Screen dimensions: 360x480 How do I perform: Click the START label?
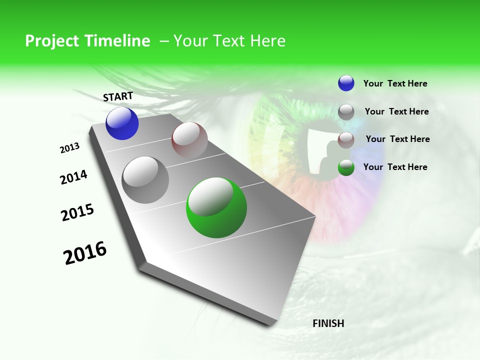point(118,96)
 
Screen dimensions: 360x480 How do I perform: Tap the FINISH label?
point(328,323)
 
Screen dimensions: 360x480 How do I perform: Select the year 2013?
point(70,147)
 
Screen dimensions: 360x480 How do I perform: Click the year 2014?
point(73,177)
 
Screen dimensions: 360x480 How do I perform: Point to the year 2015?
point(77,212)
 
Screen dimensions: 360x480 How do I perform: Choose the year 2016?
point(85,252)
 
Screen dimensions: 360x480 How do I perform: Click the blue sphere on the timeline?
point(122,123)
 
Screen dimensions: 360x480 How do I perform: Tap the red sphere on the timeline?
point(189,139)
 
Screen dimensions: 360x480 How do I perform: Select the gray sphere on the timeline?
point(145,179)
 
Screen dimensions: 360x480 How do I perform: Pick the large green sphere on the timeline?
point(216,207)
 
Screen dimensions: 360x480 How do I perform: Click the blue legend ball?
point(346,83)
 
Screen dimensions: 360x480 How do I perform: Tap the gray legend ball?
point(346,112)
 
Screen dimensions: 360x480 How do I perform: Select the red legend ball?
point(346,139)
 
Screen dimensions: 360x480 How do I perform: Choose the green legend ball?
point(346,167)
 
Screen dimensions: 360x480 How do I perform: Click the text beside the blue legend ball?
point(395,83)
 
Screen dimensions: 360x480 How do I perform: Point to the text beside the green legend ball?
point(395,167)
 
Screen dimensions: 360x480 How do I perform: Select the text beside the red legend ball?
point(397,139)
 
